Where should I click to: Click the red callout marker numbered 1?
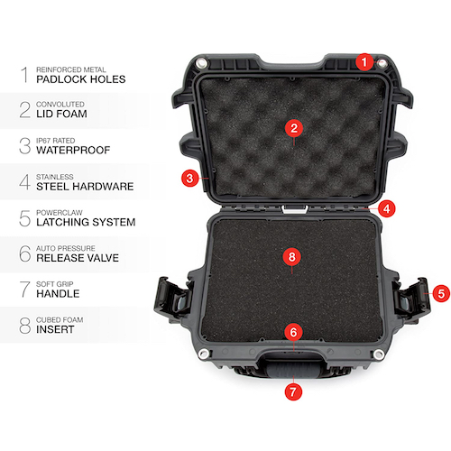(364, 62)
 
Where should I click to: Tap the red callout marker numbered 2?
(294, 128)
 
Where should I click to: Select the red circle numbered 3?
(189, 178)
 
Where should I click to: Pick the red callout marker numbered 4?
(387, 208)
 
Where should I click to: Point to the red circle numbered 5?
(441, 293)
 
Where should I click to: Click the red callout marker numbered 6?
(293, 332)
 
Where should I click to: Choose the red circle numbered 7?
(293, 391)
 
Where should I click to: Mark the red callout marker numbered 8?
(291, 257)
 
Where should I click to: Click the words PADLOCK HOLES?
(81, 79)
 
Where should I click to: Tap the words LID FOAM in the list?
(61, 114)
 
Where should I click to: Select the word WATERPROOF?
(73, 150)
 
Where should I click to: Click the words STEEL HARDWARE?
(85, 187)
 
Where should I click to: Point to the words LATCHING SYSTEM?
(86, 222)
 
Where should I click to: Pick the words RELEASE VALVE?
(78, 258)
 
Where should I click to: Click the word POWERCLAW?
(60, 213)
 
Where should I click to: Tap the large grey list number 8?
(25, 326)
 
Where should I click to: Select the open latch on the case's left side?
(172, 298)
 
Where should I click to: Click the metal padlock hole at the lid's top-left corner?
(201, 63)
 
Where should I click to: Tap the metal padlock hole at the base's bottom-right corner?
(379, 354)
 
